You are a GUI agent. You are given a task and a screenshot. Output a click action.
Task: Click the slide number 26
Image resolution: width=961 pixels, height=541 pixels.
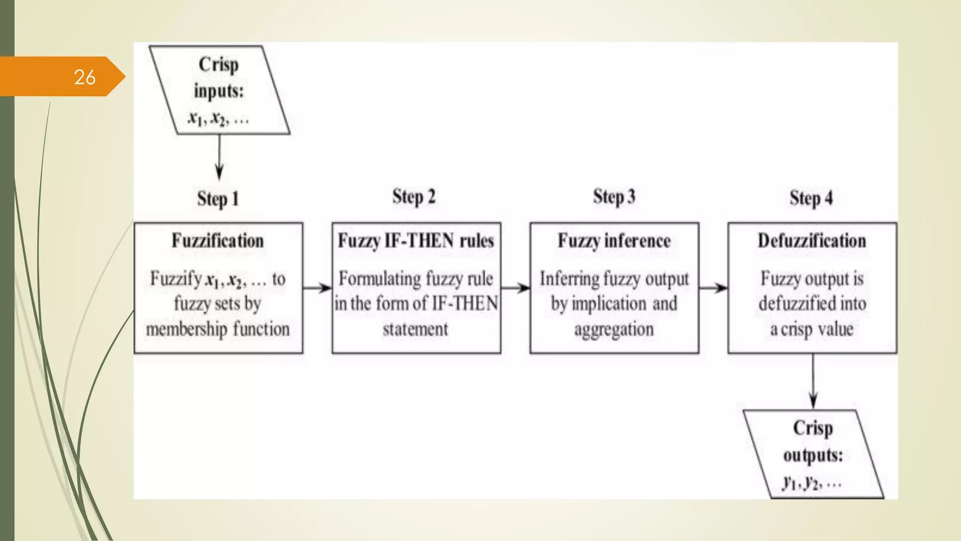[x=85, y=77]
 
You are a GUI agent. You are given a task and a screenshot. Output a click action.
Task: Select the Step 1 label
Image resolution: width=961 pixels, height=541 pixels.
[x=218, y=199]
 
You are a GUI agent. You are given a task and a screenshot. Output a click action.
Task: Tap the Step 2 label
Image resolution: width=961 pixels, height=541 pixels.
[x=414, y=197]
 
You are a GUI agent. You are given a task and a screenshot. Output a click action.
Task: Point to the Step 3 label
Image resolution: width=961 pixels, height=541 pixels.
[x=614, y=197]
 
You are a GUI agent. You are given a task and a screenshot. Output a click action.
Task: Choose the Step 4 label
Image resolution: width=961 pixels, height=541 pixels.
[x=811, y=198]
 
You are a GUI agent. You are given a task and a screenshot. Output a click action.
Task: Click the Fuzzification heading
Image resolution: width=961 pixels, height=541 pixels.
[x=218, y=241]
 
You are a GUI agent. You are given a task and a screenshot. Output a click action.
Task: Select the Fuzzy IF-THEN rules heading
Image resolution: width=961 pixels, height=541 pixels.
[x=416, y=241]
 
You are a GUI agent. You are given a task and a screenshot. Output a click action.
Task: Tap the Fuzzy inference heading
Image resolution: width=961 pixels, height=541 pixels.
[x=614, y=241]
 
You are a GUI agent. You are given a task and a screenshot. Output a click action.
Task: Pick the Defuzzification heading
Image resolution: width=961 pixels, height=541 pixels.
[x=812, y=241]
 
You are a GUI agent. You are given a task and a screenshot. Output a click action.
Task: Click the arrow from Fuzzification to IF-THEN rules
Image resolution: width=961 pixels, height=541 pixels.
[x=317, y=288]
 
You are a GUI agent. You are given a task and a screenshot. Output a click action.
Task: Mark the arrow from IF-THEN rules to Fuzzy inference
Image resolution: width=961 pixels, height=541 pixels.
[x=515, y=288]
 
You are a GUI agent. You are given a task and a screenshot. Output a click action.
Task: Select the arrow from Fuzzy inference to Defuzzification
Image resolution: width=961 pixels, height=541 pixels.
[x=713, y=288]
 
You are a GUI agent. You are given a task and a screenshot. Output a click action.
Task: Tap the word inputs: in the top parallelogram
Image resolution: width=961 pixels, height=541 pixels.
[x=219, y=91]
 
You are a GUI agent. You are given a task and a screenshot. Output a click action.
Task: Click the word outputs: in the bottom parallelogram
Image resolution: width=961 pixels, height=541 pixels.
[x=813, y=455]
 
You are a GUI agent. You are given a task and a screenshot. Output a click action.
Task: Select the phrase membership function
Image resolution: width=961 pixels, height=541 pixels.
[x=218, y=329]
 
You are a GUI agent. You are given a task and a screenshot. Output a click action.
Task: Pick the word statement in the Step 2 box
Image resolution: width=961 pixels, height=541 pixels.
[x=415, y=329]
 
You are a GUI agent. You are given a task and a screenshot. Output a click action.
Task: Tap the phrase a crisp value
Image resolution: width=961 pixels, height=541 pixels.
[x=812, y=329]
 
